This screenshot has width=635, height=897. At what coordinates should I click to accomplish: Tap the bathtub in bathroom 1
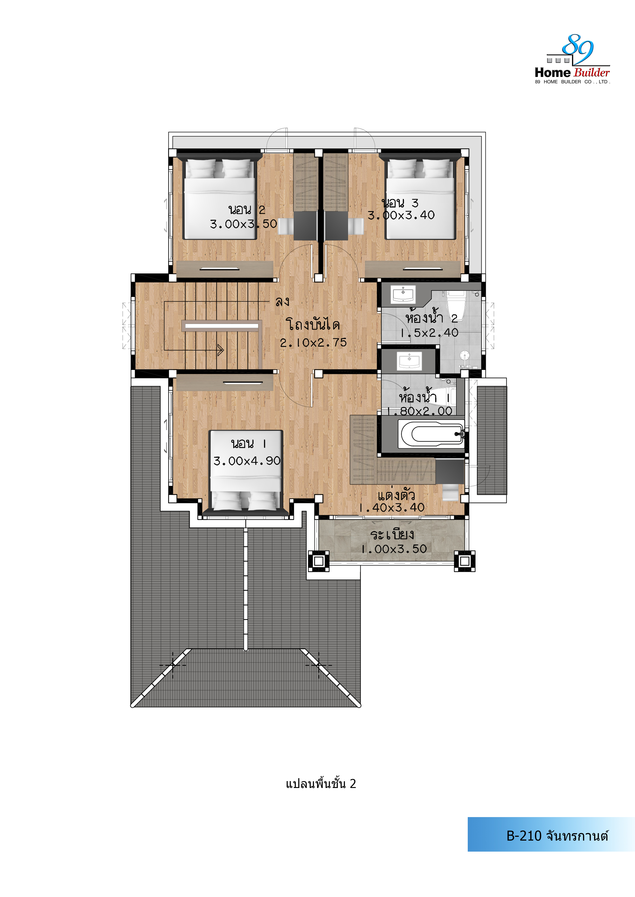pyautogui.click(x=431, y=434)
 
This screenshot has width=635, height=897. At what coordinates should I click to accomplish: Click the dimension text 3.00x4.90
pyautogui.click(x=247, y=461)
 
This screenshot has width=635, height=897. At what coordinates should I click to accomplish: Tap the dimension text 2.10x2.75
pyautogui.click(x=313, y=343)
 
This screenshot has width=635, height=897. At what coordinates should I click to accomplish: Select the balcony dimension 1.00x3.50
pyautogui.click(x=394, y=549)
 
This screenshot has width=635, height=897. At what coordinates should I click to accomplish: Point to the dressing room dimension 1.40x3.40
pyautogui.click(x=392, y=508)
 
